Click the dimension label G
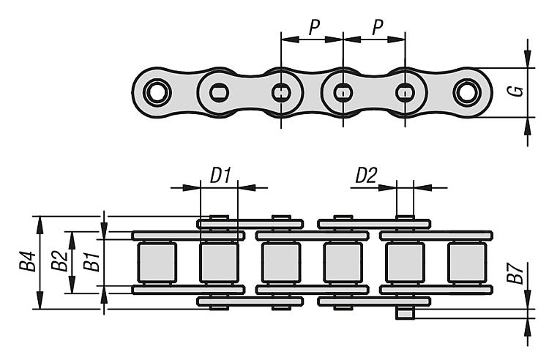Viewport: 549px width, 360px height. point(518,91)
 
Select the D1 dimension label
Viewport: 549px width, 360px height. point(220,176)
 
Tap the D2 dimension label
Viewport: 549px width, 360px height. point(365,176)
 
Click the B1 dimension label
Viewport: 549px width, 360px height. point(90,261)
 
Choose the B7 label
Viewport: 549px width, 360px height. point(518,274)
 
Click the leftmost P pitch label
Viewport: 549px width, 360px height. point(313,28)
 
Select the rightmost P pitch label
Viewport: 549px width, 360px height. point(376,28)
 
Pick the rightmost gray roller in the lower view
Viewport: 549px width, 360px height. point(466,262)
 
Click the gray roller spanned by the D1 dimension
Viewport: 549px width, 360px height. point(219,262)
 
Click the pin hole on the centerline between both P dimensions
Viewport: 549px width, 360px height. point(343,93)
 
